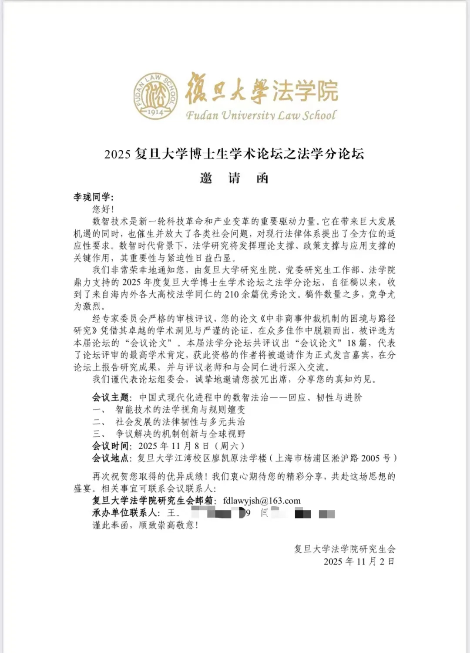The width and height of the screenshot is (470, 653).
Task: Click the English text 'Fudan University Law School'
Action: pyautogui.click(x=261, y=115)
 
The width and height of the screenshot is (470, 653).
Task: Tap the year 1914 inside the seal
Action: pyautogui.click(x=155, y=112)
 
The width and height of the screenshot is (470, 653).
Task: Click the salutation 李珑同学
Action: pyautogui.click(x=93, y=197)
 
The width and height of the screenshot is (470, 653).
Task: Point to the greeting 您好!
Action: pyautogui.click(x=103, y=209)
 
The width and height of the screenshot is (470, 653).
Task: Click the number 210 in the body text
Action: pyautogui.click(x=232, y=294)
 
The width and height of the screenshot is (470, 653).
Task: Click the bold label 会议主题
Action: pyautogui.click(x=111, y=397)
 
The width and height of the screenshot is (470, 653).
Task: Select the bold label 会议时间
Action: pyautogui.click(x=111, y=446)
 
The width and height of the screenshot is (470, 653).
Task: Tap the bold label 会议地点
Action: pyautogui.click(x=111, y=458)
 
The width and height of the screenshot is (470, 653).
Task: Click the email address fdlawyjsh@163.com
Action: pyautogui.click(x=262, y=501)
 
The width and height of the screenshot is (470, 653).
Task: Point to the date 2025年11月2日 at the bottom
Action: pyautogui.click(x=359, y=562)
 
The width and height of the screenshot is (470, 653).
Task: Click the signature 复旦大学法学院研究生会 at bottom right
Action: pyautogui.click(x=345, y=549)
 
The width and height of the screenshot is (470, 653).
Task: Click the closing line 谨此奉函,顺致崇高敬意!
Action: pyautogui.click(x=145, y=525)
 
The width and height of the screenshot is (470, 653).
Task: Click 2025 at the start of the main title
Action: pyautogui.click(x=117, y=154)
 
